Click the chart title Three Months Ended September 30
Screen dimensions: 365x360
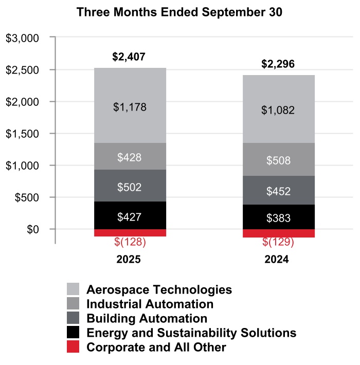pyautogui.click(x=179, y=13)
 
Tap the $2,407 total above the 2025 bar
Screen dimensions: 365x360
pyautogui.click(x=129, y=57)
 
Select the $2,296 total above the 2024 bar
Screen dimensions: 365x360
pyautogui.click(x=278, y=64)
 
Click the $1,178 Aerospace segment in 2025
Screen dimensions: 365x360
pyautogui.click(x=130, y=107)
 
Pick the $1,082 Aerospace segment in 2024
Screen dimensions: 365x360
pyautogui.click(x=278, y=109)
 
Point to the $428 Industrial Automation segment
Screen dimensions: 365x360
pyautogui.click(x=130, y=157)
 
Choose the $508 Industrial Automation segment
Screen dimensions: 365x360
pyautogui.click(x=278, y=160)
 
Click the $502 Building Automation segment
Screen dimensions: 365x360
pyautogui.click(x=130, y=187)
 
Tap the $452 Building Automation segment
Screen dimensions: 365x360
pyautogui.click(x=278, y=191)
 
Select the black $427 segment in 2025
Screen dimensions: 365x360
pyautogui.click(x=130, y=216)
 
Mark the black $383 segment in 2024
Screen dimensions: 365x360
pyautogui.click(x=278, y=217)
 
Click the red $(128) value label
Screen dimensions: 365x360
pyautogui.click(x=130, y=242)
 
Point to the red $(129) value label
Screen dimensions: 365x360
pyautogui.click(x=278, y=242)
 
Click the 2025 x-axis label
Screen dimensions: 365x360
pyautogui.click(x=129, y=260)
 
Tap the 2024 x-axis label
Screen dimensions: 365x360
pyautogui.click(x=277, y=260)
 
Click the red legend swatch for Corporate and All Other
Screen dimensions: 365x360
pyautogui.click(x=73, y=348)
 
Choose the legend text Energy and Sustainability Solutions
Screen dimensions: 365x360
pyautogui.click(x=191, y=333)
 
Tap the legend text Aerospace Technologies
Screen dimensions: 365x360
pyautogui.click(x=159, y=289)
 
